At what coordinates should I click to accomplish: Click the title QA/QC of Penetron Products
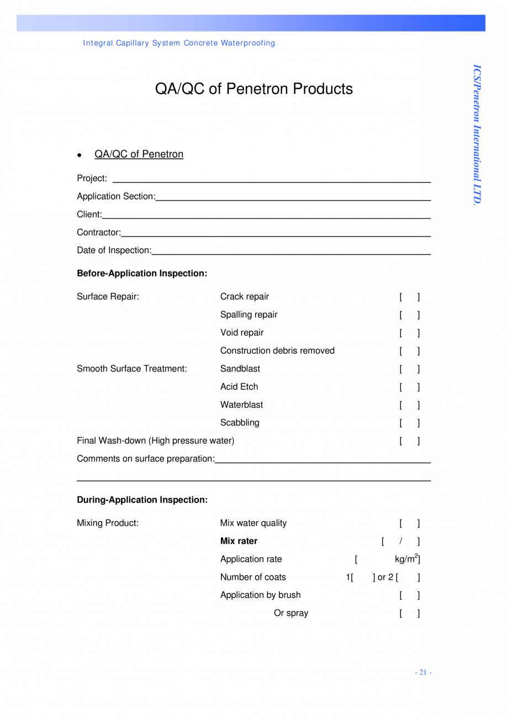click(254, 89)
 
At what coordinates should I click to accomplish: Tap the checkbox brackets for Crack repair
click(410, 297)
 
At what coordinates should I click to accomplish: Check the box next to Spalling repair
click(410, 315)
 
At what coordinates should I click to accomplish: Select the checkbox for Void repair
click(410, 333)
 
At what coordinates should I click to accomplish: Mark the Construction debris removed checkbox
click(410, 351)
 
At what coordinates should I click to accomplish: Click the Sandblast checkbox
click(410, 369)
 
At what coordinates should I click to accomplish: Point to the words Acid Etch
click(239, 387)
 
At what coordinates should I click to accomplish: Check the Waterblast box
click(410, 405)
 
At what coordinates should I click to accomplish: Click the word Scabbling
click(240, 423)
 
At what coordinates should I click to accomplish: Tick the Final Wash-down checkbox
click(410, 441)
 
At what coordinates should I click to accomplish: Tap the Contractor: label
click(99, 233)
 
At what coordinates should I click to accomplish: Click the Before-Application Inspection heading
click(142, 274)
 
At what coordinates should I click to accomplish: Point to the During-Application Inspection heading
click(142, 500)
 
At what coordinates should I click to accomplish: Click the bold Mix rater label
click(239, 541)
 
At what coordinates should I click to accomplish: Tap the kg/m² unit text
click(406, 559)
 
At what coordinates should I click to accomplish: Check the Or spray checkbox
click(410, 613)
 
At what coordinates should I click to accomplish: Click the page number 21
click(423, 673)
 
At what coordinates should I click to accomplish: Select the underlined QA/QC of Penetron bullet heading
click(139, 154)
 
